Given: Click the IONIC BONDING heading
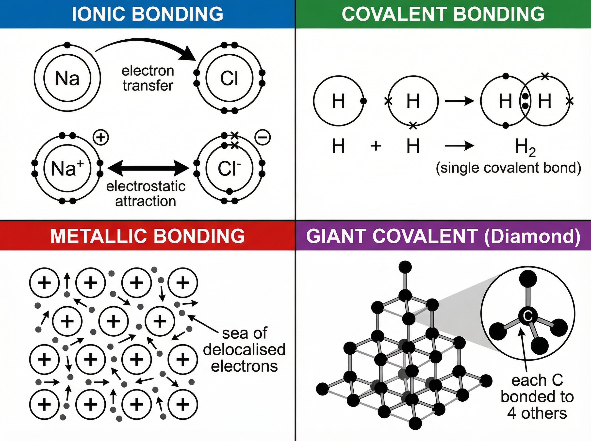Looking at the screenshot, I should coord(148,14).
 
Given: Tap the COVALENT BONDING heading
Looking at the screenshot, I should coord(443,14).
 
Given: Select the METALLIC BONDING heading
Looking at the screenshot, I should coord(148,236).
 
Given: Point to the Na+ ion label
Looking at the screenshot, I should coord(67,169).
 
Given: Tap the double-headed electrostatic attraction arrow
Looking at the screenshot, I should coord(148,168).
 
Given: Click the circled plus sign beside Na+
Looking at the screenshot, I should coord(101,138).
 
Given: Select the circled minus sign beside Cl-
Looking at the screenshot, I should coord(263,138).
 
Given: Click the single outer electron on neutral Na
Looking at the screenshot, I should coord(67,45).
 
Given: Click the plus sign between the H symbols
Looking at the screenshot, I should coord(376,146).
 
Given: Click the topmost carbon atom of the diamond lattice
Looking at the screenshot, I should coord(405,267).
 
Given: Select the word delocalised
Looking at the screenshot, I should coord(244,350).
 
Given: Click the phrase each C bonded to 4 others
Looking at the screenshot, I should coord(537,397).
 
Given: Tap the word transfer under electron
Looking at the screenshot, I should coord(148,86).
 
